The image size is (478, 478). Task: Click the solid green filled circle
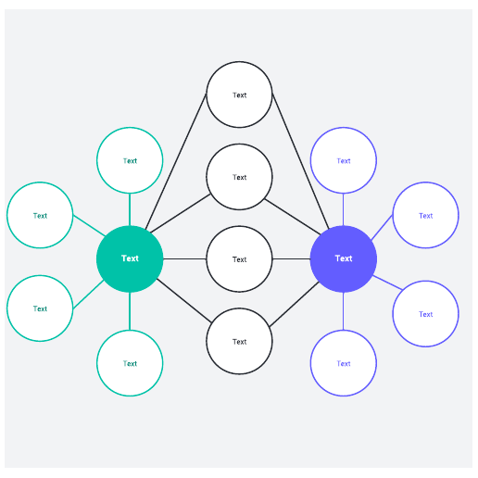130,258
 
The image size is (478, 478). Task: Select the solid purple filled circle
344,258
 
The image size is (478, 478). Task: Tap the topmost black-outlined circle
239,94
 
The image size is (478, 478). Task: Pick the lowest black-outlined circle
239,341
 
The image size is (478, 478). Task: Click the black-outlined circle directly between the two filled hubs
239,258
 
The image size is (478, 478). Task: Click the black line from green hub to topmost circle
176,161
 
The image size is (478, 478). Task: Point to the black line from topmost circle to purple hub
300,161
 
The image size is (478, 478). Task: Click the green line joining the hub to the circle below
130,311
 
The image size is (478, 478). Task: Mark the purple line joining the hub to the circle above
344,209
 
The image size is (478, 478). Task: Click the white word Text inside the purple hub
344,258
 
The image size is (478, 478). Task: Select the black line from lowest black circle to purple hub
294,304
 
